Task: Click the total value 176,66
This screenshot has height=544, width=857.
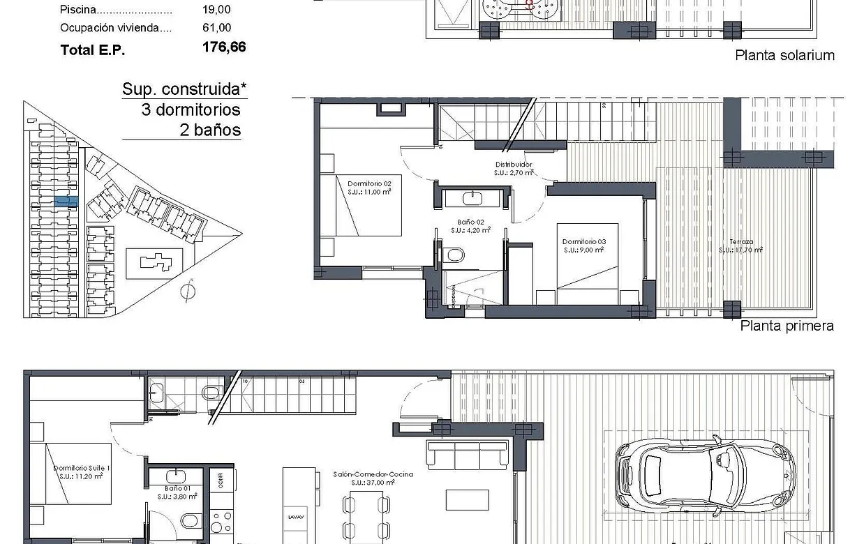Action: click(223, 47)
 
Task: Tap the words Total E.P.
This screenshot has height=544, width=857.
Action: click(93, 50)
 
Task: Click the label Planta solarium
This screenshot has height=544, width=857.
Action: click(784, 56)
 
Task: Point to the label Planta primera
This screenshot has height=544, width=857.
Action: click(787, 326)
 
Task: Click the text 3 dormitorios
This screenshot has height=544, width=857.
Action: click(191, 109)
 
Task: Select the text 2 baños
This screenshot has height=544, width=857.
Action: click(210, 130)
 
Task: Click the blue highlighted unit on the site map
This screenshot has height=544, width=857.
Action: click(66, 201)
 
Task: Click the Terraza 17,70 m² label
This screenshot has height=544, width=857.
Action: click(741, 245)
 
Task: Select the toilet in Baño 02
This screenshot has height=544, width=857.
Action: click(454, 255)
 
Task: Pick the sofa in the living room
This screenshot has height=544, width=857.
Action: click(467, 455)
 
